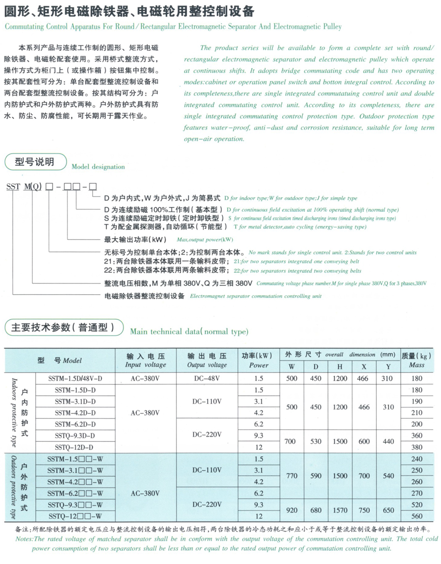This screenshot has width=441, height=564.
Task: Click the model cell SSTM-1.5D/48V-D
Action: click(x=75, y=379)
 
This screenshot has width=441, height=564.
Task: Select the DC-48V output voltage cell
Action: click(x=207, y=379)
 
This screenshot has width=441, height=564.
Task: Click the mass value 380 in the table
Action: click(x=416, y=447)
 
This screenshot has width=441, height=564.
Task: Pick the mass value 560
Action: click(x=416, y=516)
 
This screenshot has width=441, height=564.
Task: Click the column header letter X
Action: click(x=364, y=366)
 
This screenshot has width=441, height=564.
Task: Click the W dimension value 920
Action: click(x=292, y=510)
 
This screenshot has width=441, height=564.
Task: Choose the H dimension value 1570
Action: click(x=340, y=510)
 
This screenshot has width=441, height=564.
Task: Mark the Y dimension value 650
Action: click(x=388, y=510)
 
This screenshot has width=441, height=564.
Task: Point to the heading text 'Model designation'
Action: click(x=98, y=167)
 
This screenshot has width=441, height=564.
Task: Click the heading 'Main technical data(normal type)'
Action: click(x=189, y=332)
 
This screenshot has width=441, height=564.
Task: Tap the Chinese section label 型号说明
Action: click(x=34, y=162)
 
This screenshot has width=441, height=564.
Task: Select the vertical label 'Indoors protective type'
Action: click(x=13, y=412)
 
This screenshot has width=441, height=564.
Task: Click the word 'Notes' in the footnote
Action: click(x=23, y=538)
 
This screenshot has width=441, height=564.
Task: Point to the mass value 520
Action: click(x=416, y=505)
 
